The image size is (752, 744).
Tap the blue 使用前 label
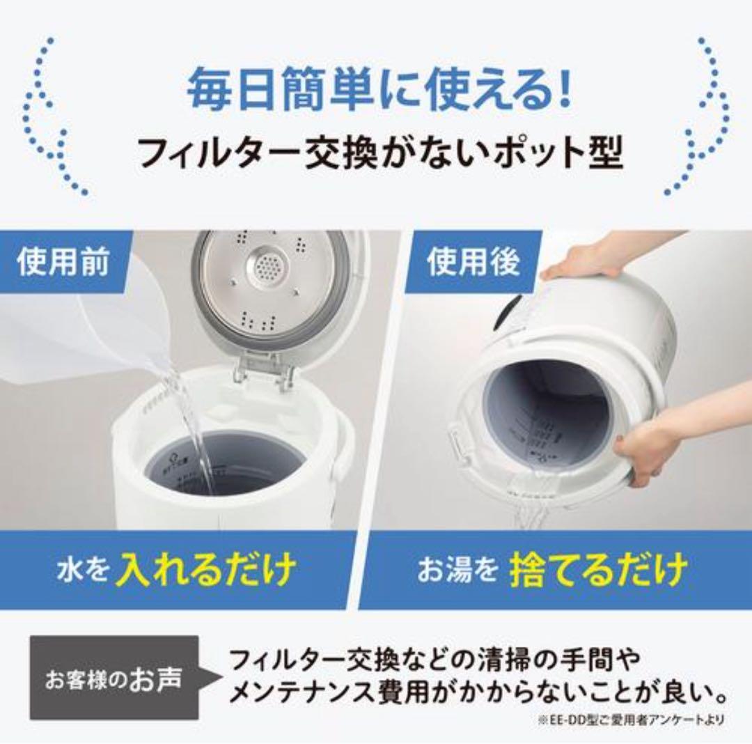63,264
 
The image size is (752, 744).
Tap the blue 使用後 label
473,264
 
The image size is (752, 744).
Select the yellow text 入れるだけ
205,571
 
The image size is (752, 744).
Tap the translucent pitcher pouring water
84,334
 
